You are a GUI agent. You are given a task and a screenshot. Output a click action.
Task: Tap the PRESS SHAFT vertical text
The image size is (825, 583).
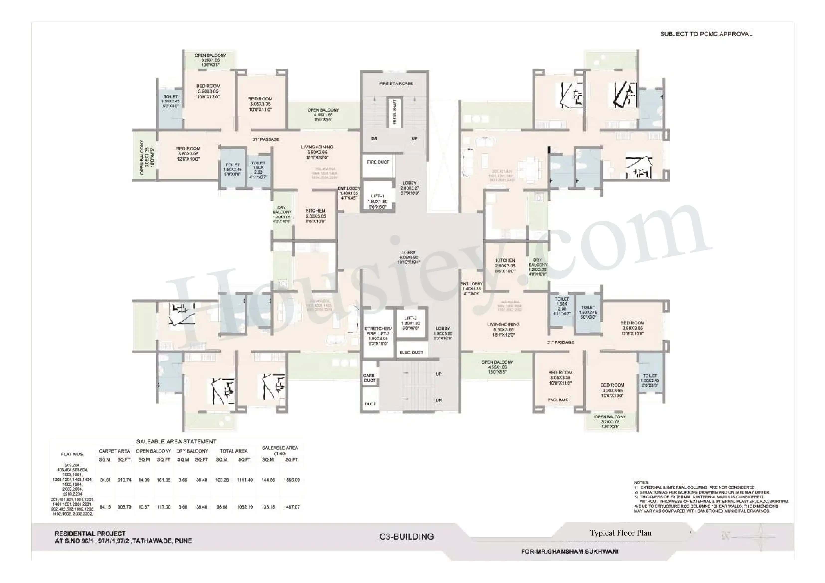(x=394, y=112)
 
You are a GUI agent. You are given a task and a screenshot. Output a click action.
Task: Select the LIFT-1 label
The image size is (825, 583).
(x=377, y=196)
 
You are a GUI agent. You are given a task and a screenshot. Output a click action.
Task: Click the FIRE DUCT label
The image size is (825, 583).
(x=378, y=162)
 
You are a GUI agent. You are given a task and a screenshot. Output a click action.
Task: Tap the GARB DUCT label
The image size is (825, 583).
(x=369, y=378)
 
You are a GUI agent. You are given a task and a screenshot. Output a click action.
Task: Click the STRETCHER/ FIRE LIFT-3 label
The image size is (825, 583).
(x=378, y=331)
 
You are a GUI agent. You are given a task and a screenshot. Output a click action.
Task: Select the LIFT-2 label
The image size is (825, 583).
(x=410, y=318)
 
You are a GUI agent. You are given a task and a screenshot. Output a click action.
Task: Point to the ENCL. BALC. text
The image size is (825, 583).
(x=558, y=400)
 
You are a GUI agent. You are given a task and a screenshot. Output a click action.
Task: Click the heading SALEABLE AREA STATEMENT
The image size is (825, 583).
(x=176, y=441)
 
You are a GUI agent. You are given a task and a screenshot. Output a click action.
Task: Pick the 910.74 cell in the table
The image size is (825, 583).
(x=124, y=480)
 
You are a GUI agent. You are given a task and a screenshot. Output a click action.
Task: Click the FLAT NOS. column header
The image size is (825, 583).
(x=72, y=454)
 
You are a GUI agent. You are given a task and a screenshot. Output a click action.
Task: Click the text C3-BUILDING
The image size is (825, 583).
(x=407, y=537)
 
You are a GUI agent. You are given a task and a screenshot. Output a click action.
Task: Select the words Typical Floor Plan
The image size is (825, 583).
(x=620, y=533)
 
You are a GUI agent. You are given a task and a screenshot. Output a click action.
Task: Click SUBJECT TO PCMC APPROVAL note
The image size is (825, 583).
(x=706, y=34)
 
